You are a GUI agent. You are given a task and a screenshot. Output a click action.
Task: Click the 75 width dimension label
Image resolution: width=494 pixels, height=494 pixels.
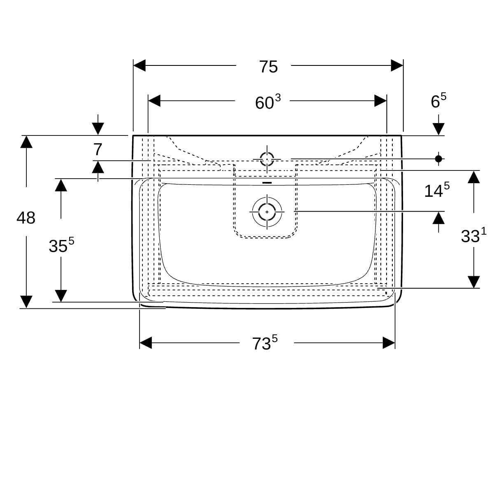tap(268, 67)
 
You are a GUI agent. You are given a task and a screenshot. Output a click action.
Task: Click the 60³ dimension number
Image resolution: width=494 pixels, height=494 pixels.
tap(268, 102)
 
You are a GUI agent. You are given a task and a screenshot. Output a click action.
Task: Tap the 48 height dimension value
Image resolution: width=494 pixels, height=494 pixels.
tap(26, 218)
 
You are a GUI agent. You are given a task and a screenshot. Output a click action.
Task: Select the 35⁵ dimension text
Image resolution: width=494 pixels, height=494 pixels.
tap(61, 245)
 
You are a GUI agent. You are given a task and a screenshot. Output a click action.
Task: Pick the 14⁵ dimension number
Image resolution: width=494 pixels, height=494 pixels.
tap(437, 190)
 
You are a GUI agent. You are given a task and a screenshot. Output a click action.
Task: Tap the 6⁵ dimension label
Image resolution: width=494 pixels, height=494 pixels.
tap(438, 101)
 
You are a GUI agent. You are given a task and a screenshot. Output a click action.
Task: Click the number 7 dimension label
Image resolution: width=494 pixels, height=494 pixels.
tap(98, 149)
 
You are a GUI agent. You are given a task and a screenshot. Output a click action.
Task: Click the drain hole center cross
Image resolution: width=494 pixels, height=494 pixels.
tap(267, 212)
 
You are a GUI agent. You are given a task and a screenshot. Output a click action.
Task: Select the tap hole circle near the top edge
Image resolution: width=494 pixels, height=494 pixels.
tap(267, 159)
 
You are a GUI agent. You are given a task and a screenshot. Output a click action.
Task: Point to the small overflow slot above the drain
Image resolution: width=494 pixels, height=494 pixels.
tap(267, 183)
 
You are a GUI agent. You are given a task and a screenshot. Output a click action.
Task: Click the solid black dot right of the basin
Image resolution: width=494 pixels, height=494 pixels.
tap(438, 158)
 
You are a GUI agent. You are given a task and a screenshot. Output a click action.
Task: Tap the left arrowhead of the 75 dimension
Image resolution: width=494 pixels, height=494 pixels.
tap(140, 65)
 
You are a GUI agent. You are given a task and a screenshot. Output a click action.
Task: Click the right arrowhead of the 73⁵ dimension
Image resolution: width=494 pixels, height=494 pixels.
tap(389, 343)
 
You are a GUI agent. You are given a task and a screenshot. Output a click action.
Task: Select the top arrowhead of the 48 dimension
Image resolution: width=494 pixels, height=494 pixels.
tap(26, 142)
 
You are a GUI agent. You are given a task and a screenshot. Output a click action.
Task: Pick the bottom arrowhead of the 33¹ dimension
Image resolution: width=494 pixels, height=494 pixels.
tap(473, 282)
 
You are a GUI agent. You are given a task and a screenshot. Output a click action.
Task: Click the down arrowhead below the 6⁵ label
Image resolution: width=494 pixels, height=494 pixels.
tap(438, 129)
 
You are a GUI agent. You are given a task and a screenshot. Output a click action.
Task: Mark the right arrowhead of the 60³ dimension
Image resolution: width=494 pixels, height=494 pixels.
tap(380, 101)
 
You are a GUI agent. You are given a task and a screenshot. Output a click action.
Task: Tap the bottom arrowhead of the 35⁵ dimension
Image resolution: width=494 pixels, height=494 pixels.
tap(61, 296)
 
